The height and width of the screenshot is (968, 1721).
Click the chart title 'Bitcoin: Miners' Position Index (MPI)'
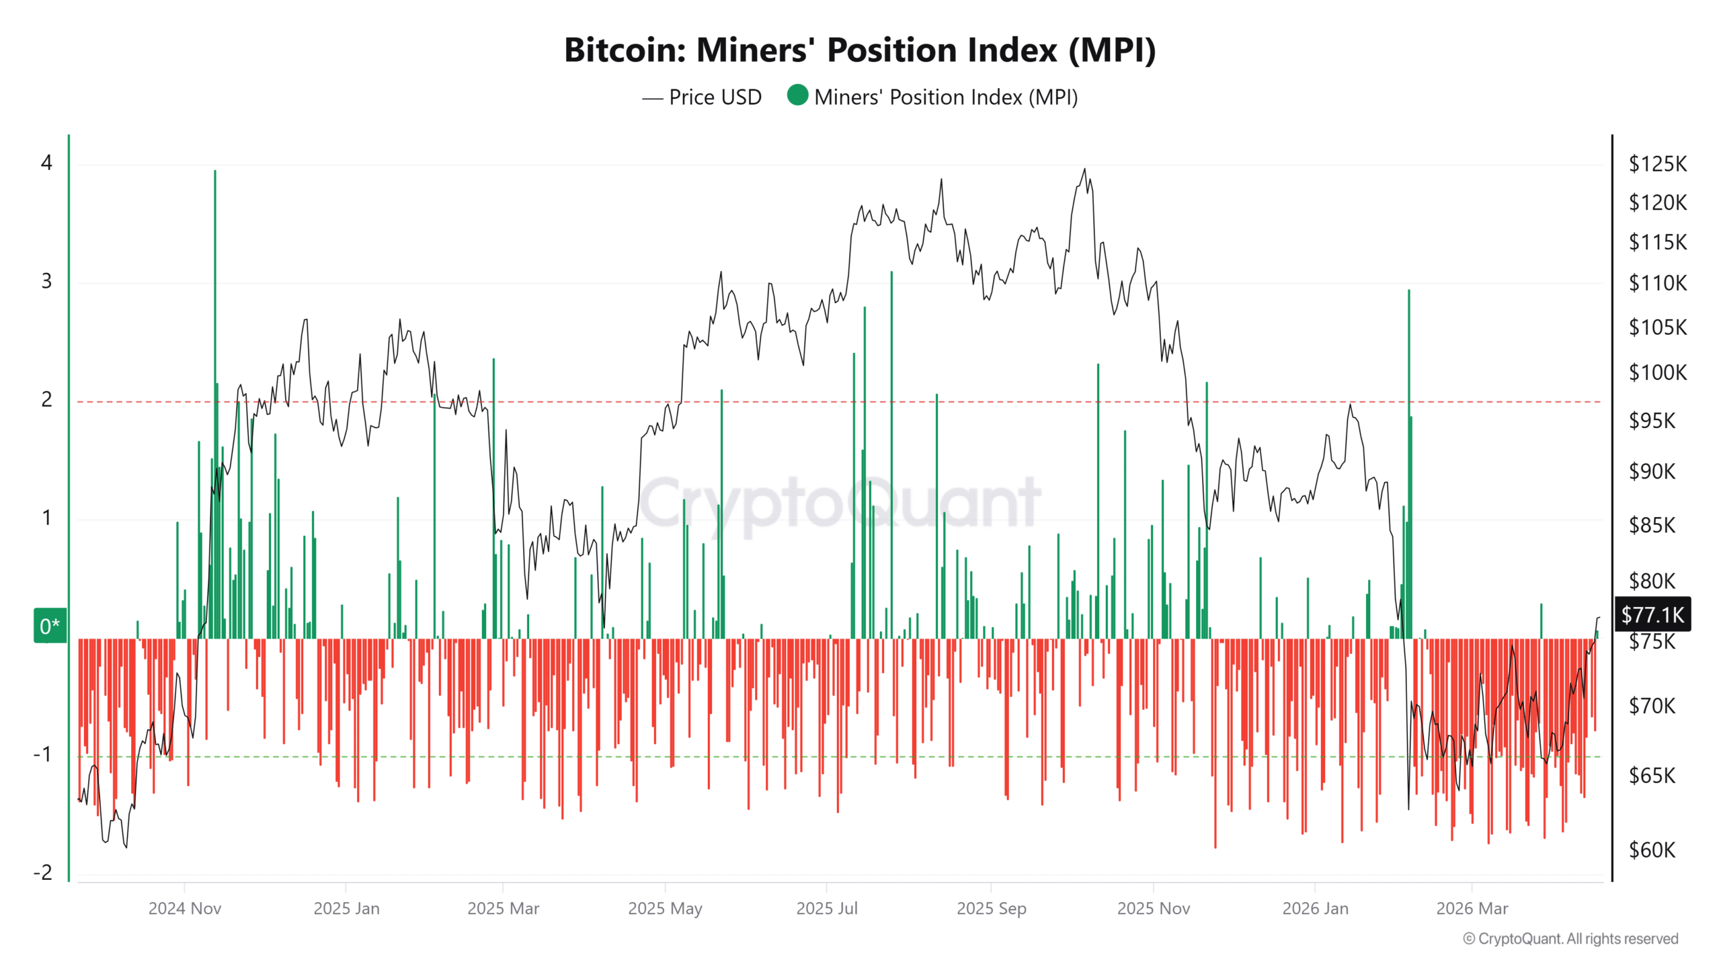tap(859, 50)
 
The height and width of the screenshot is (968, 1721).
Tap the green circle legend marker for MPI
tap(797, 95)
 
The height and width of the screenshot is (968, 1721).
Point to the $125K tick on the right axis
tap(1656, 164)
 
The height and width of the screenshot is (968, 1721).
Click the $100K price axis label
tap(1656, 372)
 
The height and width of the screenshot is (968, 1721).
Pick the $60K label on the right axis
tap(1651, 850)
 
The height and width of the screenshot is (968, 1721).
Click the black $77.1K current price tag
tap(1652, 614)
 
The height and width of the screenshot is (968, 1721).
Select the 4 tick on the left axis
tap(46, 163)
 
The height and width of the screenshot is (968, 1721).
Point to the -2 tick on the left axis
tap(43, 873)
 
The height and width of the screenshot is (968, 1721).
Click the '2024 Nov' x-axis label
tap(184, 909)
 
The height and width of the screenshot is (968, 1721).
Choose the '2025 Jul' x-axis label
tap(826, 909)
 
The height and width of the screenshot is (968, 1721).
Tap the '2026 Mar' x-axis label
tap(1472, 909)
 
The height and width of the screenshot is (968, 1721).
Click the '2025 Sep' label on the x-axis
tap(991, 909)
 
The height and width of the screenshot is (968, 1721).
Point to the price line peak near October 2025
tap(1084, 170)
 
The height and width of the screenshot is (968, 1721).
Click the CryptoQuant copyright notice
tap(1570, 938)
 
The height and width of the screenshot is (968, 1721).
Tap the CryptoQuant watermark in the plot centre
tap(840, 503)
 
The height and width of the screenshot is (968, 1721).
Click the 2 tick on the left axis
tap(46, 400)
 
